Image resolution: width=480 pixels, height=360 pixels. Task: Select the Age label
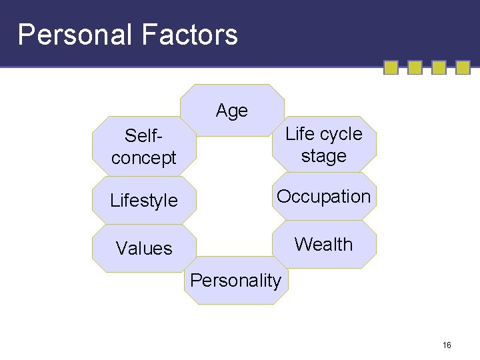tap(232, 111)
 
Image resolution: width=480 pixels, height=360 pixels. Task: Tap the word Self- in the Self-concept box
tap(144, 136)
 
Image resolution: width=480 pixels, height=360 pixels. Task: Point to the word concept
tap(144, 158)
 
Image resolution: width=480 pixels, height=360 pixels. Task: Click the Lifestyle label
tap(144, 201)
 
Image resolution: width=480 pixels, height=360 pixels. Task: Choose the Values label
tap(144, 249)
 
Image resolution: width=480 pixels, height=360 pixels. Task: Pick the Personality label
tap(235, 281)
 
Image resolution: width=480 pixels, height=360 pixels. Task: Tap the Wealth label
tap(323, 245)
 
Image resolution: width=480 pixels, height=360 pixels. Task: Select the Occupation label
tap(323, 197)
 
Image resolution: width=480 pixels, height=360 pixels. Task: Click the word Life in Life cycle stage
tap(299, 134)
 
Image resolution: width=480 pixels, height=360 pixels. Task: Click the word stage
tap(324, 157)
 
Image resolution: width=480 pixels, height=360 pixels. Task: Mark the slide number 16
tap(447, 345)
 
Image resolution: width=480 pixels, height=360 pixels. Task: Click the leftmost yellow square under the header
tap(391, 68)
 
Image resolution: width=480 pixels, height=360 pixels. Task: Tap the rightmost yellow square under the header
tap(463, 68)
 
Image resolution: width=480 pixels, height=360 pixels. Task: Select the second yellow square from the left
tap(415, 68)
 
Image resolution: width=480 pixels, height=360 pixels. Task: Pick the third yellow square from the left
tap(439, 68)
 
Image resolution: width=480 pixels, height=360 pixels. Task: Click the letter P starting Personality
tap(196, 281)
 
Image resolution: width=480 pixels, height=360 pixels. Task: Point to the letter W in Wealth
tap(303, 245)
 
